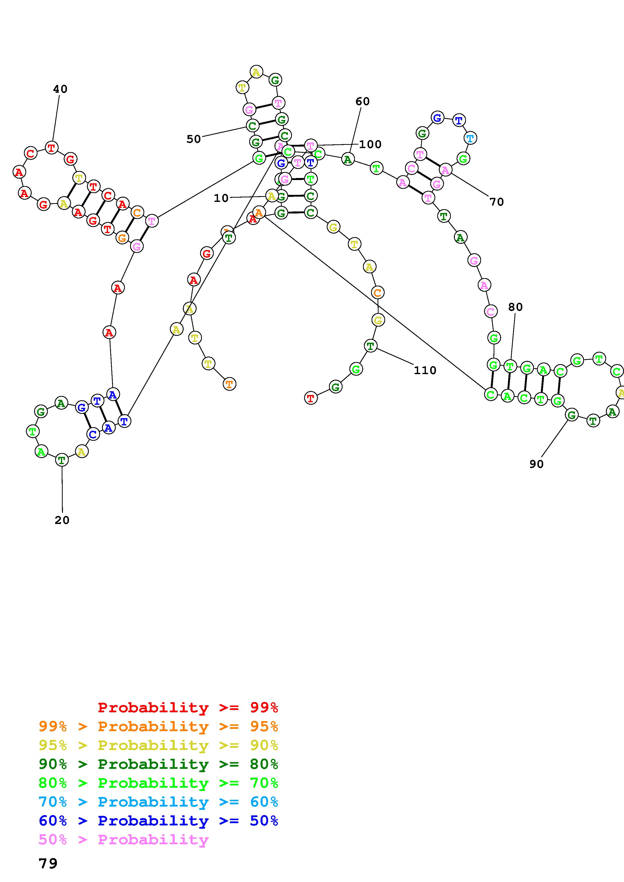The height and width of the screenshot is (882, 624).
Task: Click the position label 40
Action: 60,89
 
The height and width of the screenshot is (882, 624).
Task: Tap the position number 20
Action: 62,520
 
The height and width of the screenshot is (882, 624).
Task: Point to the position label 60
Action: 362,101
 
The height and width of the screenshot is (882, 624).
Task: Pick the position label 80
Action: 515,307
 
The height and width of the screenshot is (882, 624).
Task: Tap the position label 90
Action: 536,464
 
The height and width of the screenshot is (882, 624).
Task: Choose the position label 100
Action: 370,144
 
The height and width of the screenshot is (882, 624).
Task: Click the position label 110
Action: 425,370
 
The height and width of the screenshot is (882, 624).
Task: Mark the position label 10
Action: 221,198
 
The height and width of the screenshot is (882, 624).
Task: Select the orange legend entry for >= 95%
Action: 158,726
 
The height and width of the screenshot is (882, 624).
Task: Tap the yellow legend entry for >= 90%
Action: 158,745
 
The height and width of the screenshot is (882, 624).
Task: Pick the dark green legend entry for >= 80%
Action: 158,764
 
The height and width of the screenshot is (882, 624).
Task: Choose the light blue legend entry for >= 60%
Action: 158,802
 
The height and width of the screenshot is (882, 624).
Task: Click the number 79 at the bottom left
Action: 48,864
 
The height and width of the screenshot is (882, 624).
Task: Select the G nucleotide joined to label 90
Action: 572,415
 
